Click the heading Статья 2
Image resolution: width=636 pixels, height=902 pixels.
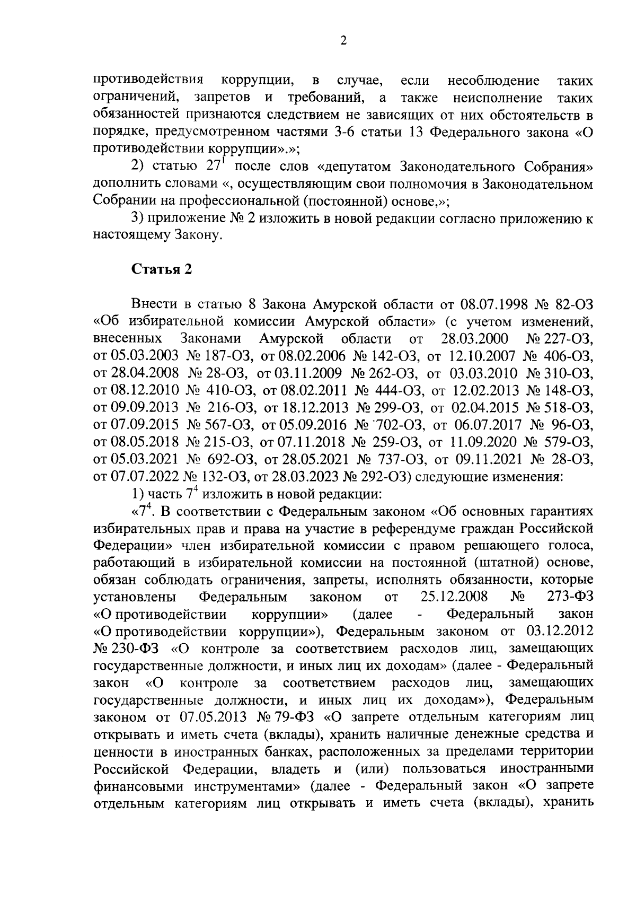pos(161,270)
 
